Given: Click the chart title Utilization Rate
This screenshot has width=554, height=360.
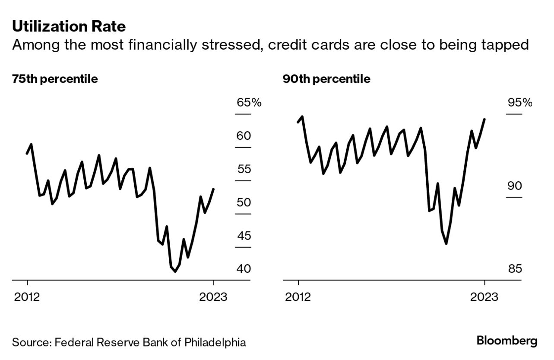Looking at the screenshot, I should click(69, 27).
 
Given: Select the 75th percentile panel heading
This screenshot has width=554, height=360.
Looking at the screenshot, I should click(55, 79).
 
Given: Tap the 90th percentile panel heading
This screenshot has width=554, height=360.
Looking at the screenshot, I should click(326, 79).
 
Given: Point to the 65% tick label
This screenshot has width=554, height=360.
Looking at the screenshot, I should click(249, 103).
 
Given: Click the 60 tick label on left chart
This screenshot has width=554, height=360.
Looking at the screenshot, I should click(244, 136).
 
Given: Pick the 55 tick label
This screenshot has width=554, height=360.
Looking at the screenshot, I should click(244, 169).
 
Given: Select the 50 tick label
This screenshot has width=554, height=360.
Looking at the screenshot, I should click(244, 202).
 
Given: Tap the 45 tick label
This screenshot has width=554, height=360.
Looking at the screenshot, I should click(244, 236).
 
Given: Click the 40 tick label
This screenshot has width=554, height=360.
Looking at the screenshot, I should click(244, 269).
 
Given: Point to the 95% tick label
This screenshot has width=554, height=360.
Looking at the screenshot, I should click(519, 103).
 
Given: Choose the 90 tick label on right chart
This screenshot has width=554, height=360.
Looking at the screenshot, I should click(515, 186).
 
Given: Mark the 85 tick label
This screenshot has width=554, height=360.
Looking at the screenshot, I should click(515, 269).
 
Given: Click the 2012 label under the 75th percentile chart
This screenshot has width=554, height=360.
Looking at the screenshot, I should click(27, 297).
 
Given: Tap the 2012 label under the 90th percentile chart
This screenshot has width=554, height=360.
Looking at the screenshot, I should click(298, 297).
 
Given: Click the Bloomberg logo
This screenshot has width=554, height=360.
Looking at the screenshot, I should click(507, 341).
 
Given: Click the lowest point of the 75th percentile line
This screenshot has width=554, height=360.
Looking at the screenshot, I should click(175, 272).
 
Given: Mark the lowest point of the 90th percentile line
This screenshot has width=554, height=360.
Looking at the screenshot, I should click(446, 243).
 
